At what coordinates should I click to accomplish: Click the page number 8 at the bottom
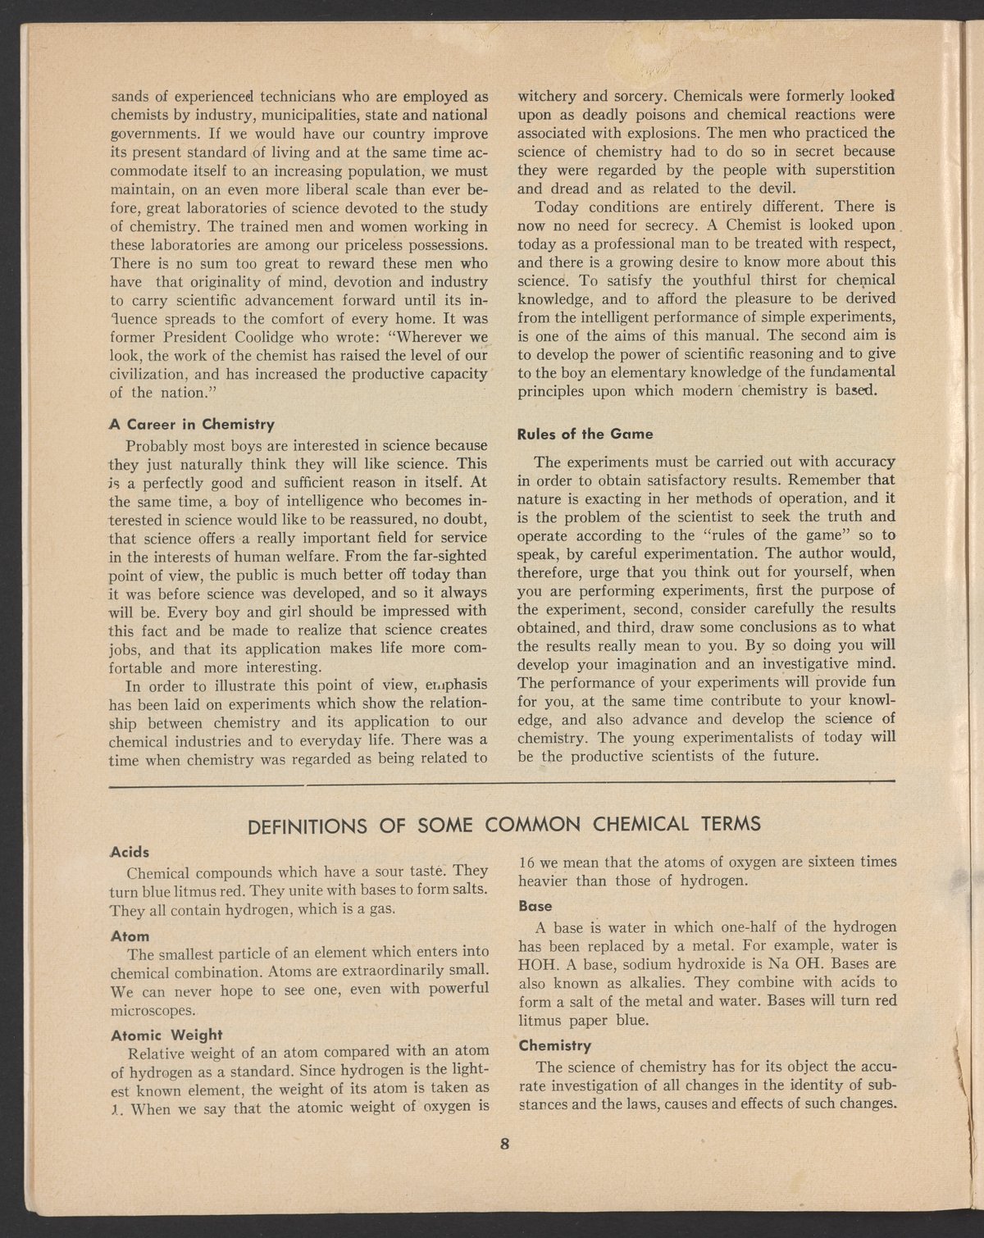pos(505,1145)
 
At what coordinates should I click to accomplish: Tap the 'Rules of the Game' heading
pos(585,433)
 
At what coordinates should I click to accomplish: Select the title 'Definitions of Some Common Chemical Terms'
pos(504,822)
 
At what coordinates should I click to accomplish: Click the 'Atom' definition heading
pos(130,935)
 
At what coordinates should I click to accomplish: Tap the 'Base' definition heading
pos(535,907)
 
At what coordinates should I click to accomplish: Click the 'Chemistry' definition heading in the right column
pos(555,1046)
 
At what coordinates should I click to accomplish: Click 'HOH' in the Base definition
pos(536,964)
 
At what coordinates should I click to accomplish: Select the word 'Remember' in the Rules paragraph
pos(832,480)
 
